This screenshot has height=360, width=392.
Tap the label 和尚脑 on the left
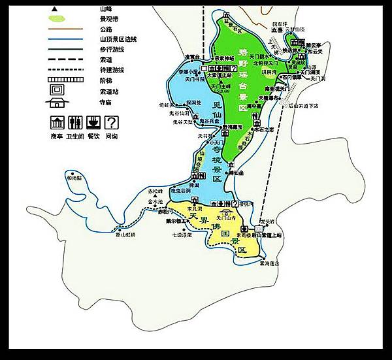pyautogui.click(x=74, y=177)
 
